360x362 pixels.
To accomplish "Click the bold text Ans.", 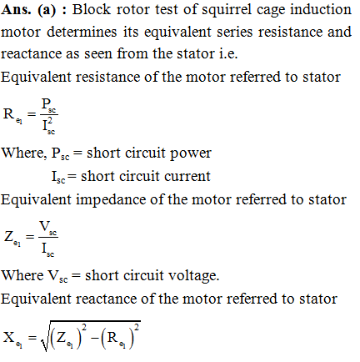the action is tap(16, 10).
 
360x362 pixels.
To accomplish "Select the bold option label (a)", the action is tap(47, 10).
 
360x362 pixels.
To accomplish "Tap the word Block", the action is tap(92, 10).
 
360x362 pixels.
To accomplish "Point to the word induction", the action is tap(321, 10).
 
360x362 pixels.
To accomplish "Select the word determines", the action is tap(82, 32).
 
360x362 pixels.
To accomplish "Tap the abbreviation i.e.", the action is tap(228, 54).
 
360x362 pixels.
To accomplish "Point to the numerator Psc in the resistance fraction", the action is tap(48, 105).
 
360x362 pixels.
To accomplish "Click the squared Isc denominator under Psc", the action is tap(48, 126).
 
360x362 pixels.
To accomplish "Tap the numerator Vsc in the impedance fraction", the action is tap(48, 228).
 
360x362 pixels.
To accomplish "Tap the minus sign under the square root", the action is tap(95, 339).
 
